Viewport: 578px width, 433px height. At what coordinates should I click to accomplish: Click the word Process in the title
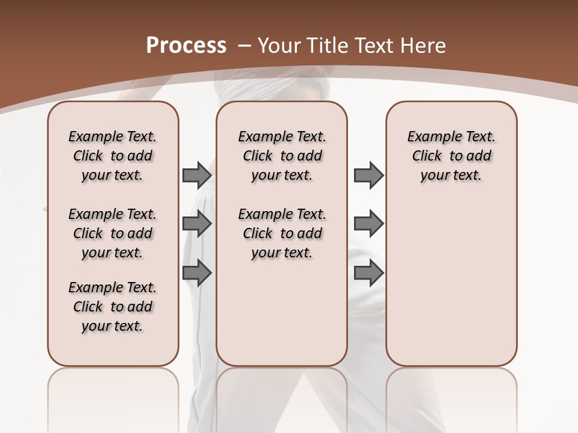(x=186, y=45)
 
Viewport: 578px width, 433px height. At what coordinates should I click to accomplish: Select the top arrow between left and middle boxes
(x=197, y=175)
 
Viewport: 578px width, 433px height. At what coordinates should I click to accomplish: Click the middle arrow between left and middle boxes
(x=197, y=224)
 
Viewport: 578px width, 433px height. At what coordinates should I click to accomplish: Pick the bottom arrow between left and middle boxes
(x=197, y=272)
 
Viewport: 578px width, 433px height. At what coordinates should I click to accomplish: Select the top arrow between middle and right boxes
(x=368, y=175)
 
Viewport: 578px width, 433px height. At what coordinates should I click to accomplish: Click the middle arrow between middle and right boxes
(x=368, y=224)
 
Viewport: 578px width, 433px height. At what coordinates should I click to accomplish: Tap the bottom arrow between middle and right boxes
(x=368, y=272)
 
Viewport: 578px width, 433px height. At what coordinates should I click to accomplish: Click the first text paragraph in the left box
(x=113, y=156)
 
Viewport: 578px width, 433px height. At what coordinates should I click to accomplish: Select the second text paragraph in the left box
(x=113, y=233)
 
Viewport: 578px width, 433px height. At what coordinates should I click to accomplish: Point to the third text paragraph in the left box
(x=113, y=307)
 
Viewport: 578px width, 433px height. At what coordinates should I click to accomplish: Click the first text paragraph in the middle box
(x=282, y=156)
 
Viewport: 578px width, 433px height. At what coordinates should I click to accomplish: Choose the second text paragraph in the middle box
(x=282, y=233)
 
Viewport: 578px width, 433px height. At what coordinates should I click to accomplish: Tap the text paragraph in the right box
(x=452, y=156)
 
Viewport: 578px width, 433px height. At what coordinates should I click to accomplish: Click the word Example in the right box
(x=432, y=137)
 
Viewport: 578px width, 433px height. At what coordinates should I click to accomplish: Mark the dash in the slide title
(x=244, y=45)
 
